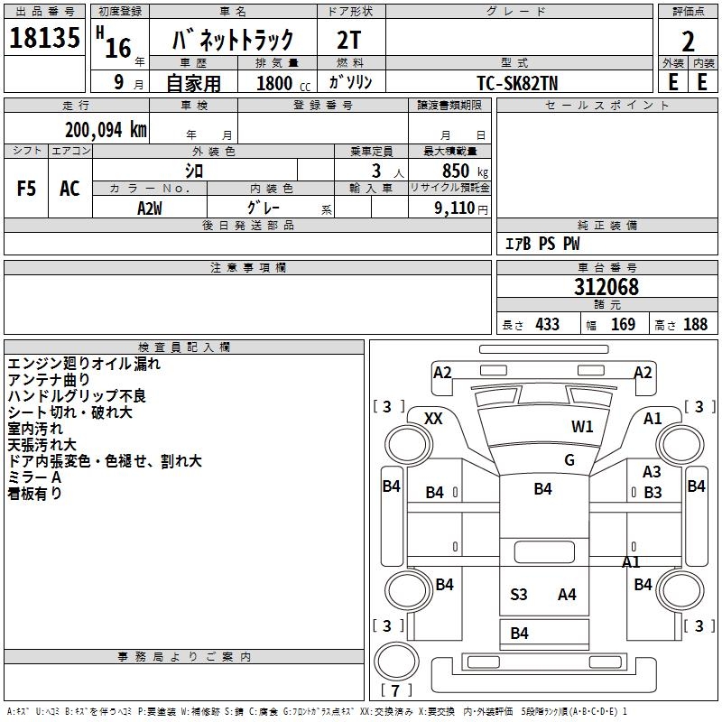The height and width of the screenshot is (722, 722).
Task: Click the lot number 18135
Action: pyautogui.click(x=44, y=37)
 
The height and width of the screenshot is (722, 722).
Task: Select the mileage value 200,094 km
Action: pyautogui.click(x=106, y=130)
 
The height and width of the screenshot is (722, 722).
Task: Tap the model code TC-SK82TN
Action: pyautogui.click(x=517, y=83)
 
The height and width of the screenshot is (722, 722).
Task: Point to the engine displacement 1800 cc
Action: pyautogui.click(x=283, y=83)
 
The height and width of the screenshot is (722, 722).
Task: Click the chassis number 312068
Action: pyautogui.click(x=606, y=287)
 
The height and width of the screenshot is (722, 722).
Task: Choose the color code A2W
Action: pyautogui.click(x=150, y=208)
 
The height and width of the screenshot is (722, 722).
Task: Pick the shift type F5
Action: pyautogui.click(x=26, y=189)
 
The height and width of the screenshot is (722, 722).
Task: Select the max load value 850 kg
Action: pyautogui.click(x=465, y=171)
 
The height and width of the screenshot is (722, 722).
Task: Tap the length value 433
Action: pyautogui.click(x=548, y=324)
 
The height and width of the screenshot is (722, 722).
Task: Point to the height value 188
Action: pyautogui.click(x=695, y=324)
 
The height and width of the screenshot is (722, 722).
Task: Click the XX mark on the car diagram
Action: pyautogui.click(x=433, y=419)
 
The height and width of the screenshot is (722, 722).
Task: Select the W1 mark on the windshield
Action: pyautogui.click(x=582, y=426)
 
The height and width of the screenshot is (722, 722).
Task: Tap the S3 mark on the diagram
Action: pyautogui.click(x=518, y=595)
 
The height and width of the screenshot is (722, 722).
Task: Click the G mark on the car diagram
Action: pyautogui.click(x=569, y=459)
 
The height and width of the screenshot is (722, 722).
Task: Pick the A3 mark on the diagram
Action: pyautogui.click(x=652, y=471)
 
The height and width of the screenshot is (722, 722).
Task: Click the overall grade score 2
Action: pyautogui.click(x=688, y=42)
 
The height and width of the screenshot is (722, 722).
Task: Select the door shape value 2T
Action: pyautogui.click(x=348, y=40)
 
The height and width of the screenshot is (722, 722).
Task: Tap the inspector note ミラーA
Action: pyautogui.click(x=34, y=477)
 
